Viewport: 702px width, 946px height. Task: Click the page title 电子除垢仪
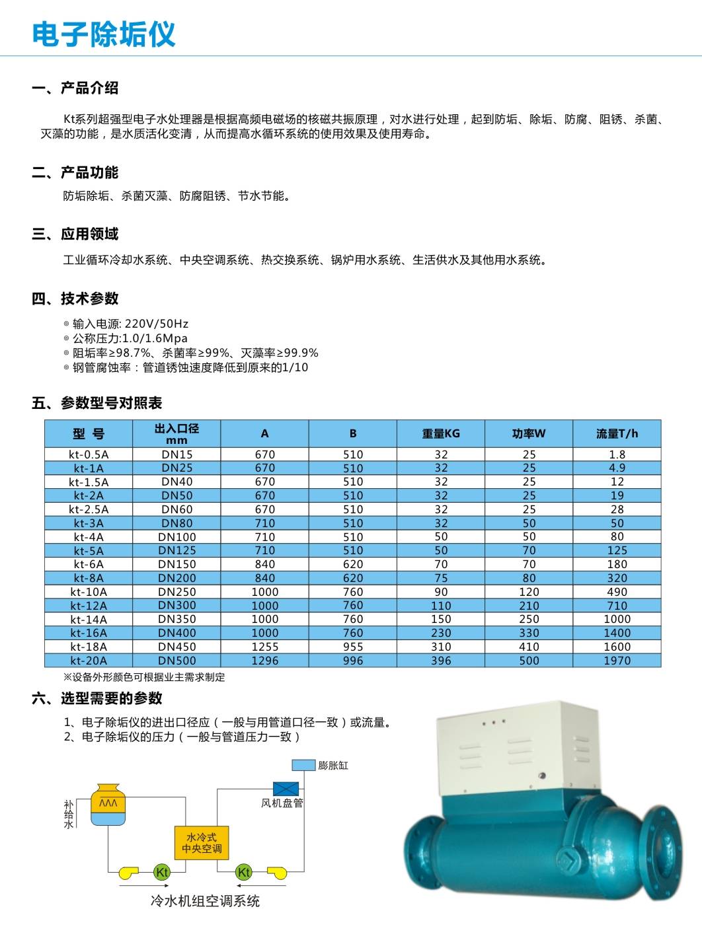tap(104, 34)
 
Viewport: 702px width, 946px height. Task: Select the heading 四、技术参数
tap(75, 299)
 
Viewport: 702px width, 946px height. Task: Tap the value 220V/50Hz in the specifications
tap(157, 324)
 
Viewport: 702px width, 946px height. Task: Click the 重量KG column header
tap(441, 434)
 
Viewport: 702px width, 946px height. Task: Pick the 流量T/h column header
tap(617, 434)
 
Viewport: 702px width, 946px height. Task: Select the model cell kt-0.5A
tap(89, 455)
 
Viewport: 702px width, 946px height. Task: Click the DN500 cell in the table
tap(176, 661)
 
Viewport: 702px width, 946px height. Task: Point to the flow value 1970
tap(617, 661)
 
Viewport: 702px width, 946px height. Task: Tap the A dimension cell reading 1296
tap(264, 661)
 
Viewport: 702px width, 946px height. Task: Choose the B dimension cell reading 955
tap(353, 647)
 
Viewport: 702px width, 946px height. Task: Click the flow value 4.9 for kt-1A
tap(617, 468)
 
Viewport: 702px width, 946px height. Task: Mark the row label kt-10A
tap(89, 592)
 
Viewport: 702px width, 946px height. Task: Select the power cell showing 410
tap(529, 647)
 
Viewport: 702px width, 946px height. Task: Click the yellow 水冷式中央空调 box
tap(202, 842)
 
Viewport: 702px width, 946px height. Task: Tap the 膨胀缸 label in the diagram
tap(332, 766)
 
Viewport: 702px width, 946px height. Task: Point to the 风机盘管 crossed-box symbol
tap(286, 789)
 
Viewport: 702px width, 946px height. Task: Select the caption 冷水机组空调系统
tap(205, 901)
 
